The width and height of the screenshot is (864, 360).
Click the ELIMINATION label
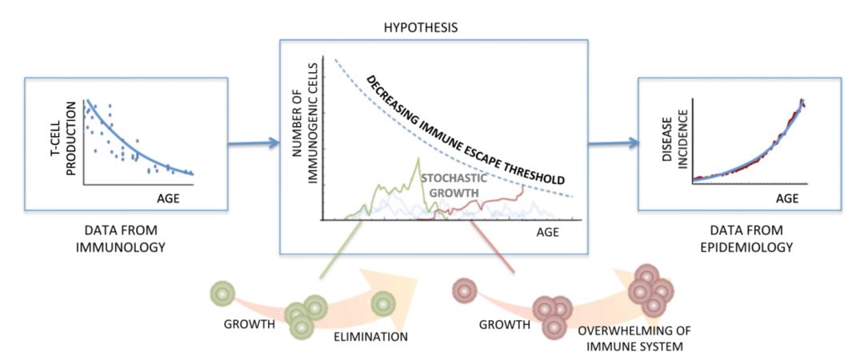[x=370, y=337]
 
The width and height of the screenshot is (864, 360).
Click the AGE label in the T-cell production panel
[x=170, y=195]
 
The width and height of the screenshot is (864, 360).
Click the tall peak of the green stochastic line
[x=417, y=160]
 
